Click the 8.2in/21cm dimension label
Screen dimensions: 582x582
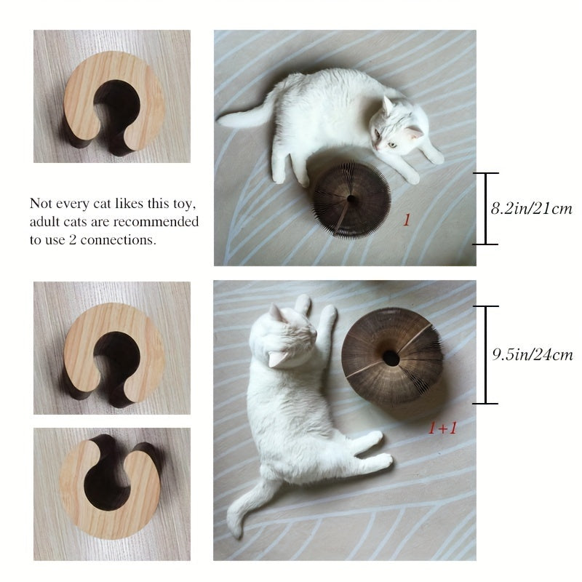532,209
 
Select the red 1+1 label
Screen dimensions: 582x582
442,428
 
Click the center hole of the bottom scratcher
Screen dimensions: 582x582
391,358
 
